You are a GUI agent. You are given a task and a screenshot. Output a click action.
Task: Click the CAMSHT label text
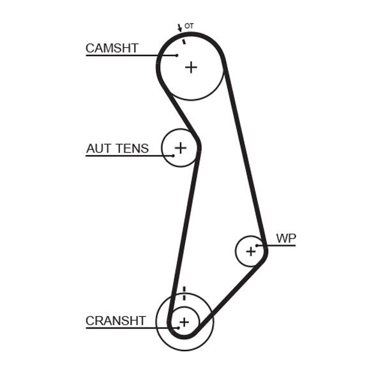point(112,48)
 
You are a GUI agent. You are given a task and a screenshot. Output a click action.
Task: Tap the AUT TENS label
point(117,149)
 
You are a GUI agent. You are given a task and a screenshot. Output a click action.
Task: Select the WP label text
point(286,238)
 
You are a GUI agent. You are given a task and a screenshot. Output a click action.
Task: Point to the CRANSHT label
point(116,320)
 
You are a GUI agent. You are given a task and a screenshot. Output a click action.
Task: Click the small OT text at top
point(189,26)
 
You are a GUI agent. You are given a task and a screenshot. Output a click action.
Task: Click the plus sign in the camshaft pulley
point(191,66)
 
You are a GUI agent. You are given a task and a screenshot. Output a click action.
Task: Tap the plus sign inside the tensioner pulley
point(181,148)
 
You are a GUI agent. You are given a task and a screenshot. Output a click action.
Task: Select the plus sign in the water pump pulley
point(251,252)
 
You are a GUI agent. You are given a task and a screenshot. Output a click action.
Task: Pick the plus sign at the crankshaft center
point(184,322)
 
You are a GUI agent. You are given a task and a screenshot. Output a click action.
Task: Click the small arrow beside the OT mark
point(179,28)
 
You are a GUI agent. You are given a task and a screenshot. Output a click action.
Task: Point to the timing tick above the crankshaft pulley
point(184,293)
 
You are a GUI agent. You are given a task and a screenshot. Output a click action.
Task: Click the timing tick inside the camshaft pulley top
point(183,41)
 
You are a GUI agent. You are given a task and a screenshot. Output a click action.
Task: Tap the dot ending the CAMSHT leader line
point(177,56)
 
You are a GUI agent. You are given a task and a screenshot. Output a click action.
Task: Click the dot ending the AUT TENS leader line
point(173,156)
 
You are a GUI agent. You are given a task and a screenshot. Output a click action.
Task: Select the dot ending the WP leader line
point(257,245)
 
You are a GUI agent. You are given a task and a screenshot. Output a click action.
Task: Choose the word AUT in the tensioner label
point(98,149)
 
